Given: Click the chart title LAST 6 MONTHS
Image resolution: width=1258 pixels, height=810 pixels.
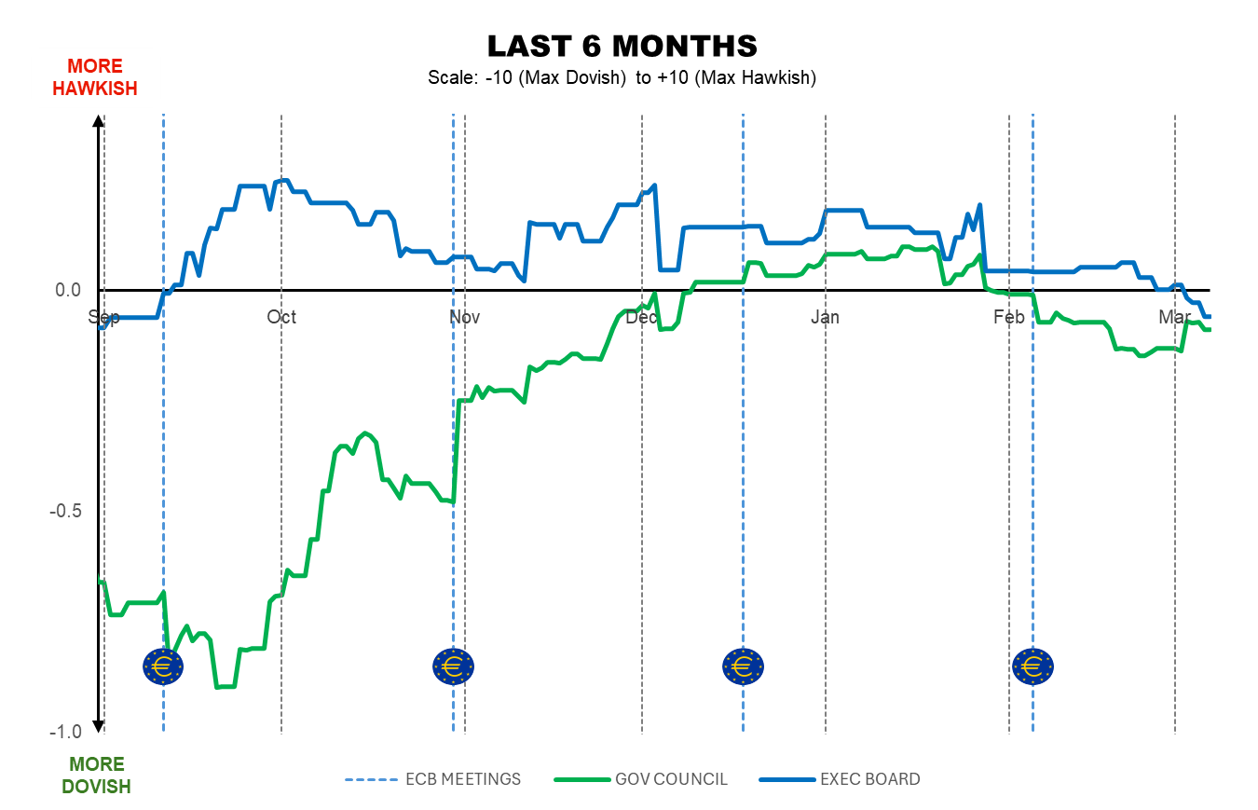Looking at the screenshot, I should pos(622,46).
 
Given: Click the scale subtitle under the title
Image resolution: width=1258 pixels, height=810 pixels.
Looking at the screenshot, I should pos(622,77).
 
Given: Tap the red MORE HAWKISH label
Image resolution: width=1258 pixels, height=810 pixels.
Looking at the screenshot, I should pos(94,77).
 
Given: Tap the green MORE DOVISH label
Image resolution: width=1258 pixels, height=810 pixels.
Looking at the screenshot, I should pos(96,776).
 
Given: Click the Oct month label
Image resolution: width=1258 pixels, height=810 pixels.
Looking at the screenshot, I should pos(281,317).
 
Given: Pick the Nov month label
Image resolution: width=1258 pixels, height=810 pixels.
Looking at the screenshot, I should pos(464,317).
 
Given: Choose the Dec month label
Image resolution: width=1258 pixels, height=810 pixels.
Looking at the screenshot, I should pos(642,317).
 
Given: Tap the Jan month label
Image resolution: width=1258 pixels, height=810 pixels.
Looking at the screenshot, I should pos(825,317).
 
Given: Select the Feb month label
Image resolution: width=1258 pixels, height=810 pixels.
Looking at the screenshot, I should pos(1008,317).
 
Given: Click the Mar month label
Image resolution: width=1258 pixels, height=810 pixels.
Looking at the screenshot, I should pos(1174,317).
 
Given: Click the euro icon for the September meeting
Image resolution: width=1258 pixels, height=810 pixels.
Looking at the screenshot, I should pos(163,666).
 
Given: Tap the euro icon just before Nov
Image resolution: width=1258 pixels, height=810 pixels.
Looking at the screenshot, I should pos(454,666).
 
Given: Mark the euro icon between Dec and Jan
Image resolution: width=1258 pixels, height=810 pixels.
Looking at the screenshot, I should pos(743,666).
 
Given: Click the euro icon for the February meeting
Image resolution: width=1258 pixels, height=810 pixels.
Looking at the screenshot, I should pos(1032,666).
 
